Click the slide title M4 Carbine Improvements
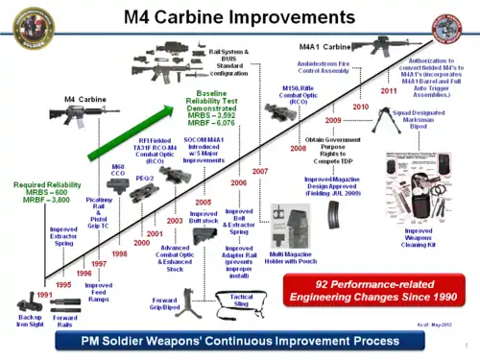[239, 17]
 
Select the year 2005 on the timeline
[203, 203]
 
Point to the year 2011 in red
[389, 91]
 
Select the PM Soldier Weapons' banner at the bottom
[239, 341]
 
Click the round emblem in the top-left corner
[21, 25]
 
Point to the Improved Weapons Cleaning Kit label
[419, 241]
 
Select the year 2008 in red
[299, 148]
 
